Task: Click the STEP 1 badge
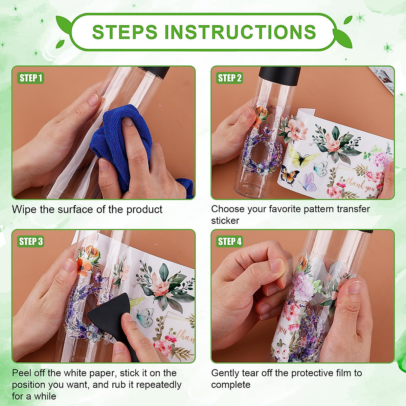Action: point(30,78)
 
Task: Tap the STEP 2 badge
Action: point(229,78)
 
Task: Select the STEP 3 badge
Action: point(30,241)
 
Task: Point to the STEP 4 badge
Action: point(229,241)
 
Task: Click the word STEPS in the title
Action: point(125,32)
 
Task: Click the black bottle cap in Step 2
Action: point(279,75)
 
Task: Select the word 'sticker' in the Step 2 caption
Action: point(225,221)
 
